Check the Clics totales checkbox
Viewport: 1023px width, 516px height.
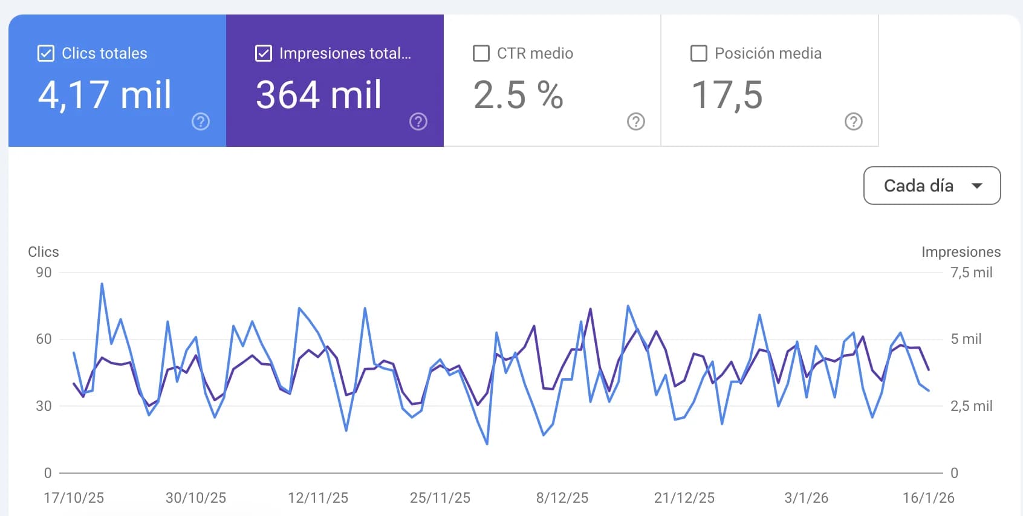pos(46,53)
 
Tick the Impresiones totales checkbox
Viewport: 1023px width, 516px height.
pos(264,53)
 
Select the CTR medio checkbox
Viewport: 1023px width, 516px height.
pos(481,53)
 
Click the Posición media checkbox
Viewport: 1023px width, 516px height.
pos(699,53)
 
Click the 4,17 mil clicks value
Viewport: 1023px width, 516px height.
pos(105,95)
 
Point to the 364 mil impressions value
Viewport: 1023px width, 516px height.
pos(318,95)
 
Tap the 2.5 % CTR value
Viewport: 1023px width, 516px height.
pos(518,95)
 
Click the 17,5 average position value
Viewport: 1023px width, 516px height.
pos(727,95)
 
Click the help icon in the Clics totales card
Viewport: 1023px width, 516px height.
pos(201,122)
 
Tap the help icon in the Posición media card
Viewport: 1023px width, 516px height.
pos(854,122)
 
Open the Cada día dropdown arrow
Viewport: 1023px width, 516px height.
pos(977,185)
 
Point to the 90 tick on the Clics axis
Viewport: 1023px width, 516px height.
pos(44,273)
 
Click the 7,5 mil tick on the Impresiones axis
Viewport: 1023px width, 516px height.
pos(972,273)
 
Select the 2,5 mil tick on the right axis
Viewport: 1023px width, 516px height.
pos(972,406)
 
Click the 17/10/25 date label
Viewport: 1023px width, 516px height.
pos(74,498)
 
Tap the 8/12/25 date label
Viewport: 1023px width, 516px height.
pos(562,498)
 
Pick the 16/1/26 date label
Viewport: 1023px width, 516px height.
pos(929,498)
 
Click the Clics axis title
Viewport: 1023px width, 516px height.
pos(44,252)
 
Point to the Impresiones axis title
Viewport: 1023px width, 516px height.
pos(961,252)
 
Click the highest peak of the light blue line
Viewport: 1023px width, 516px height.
pos(102,283)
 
